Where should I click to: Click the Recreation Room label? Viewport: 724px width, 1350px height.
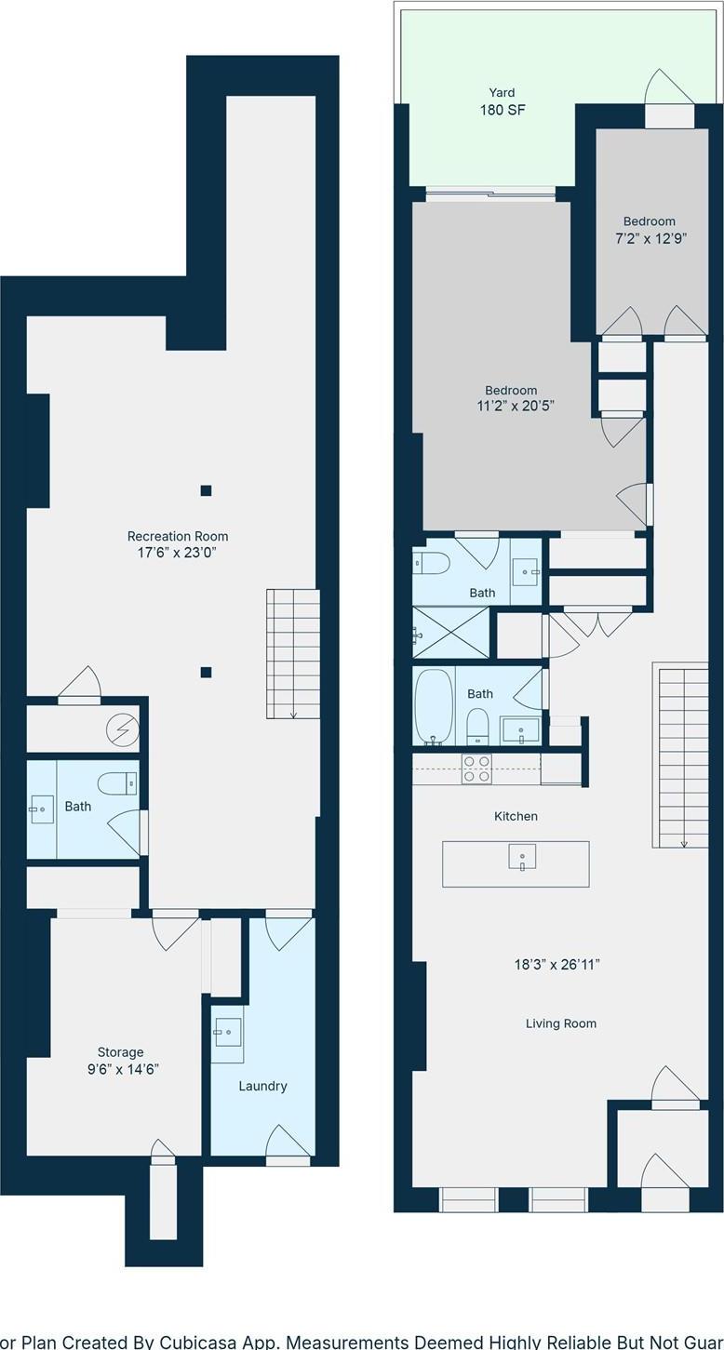178,536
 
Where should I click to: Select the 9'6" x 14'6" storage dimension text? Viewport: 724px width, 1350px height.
123,1069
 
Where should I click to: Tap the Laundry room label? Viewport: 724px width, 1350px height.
262,1086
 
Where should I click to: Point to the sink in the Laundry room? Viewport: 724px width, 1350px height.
227,1033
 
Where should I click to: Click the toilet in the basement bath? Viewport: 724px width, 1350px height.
118,783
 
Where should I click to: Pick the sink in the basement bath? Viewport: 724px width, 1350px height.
41,809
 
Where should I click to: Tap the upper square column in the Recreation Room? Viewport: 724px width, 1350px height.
206,490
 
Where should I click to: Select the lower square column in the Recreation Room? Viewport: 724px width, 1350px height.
206,672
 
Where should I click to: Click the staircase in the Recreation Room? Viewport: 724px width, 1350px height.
293,653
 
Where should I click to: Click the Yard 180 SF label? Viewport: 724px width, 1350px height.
503,101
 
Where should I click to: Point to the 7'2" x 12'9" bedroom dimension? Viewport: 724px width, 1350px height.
650,238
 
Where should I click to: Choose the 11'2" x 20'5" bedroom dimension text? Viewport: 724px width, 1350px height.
511,406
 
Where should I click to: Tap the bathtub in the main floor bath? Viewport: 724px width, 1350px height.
433,706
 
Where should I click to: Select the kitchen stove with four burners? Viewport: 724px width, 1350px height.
477,769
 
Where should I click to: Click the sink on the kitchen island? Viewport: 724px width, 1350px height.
522,857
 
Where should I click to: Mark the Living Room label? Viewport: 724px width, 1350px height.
560,1023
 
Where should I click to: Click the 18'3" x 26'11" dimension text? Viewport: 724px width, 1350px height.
556,965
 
